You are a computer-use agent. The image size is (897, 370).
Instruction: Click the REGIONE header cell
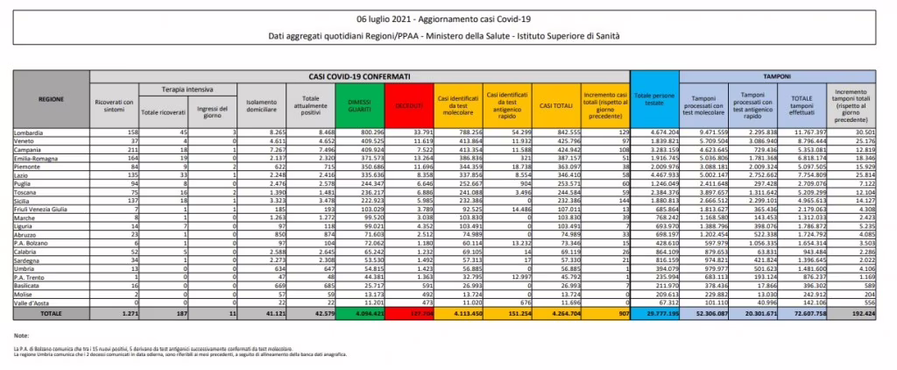[x=52, y=100]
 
